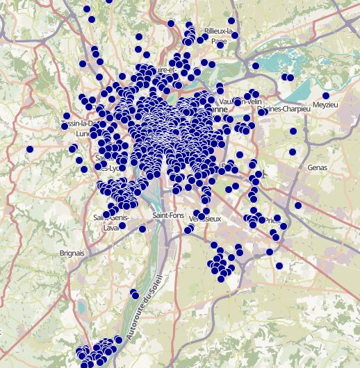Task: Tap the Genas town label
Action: pos(317,167)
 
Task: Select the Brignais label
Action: pos(72,253)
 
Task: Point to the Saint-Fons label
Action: pos(167,216)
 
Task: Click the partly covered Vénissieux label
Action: pos(206,219)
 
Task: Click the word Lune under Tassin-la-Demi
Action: pos(83,133)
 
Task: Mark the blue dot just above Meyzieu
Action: pos(326,96)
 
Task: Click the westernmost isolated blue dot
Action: pos(30,149)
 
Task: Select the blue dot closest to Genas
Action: pos(293,151)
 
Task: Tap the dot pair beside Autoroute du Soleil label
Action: pos(134,295)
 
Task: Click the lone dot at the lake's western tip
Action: pos(256,67)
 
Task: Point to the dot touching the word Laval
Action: pos(122,225)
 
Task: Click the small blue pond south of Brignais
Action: pos(82,306)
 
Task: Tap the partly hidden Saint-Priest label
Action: pos(272,220)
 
